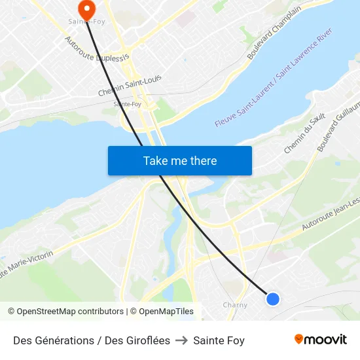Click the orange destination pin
[x=86, y=9]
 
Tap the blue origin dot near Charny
[x=273, y=299]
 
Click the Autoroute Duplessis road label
[x=98, y=49]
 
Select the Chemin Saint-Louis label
[x=130, y=86]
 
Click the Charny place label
[x=235, y=305]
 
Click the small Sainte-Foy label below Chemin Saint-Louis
[x=127, y=104]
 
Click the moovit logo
[x=320, y=339]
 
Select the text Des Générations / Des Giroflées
[x=92, y=340]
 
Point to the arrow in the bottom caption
[x=181, y=340]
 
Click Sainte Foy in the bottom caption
[x=219, y=340]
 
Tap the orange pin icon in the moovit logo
[x=299, y=339]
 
